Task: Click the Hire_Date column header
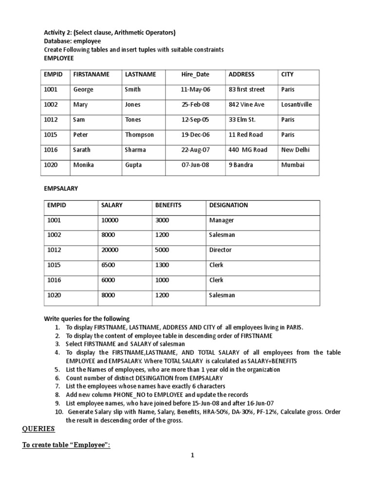coord(195,74)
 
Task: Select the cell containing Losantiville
coord(297,105)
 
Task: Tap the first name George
coord(83,89)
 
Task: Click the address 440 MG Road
coord(248,150)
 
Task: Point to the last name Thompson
coord(139,135)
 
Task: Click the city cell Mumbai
coord(293,165)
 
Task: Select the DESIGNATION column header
coord(228,205)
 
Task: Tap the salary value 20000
coord(110,250)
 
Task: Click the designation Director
coord(221,250)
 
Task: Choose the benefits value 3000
coord(162,220)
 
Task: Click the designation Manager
coord(222,220)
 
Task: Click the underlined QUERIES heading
coord(39,429)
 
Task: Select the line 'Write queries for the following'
coord(87,319)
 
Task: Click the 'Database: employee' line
coord(73,41)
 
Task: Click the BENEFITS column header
coord(168,205)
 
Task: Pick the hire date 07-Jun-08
coord(195,165)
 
